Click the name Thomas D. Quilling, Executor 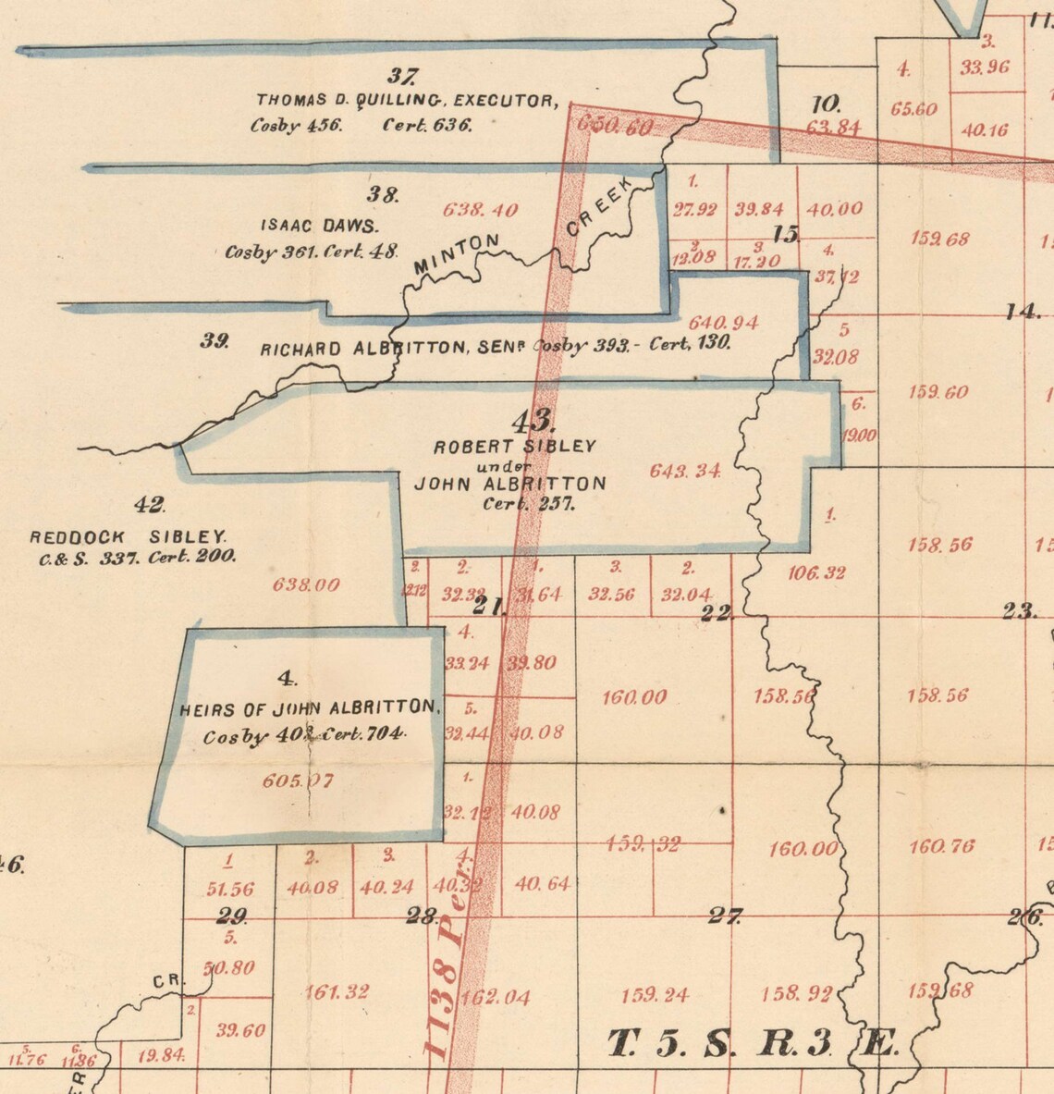click(407, 100)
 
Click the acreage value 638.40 click(480, 210)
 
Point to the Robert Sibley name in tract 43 click(515, 446)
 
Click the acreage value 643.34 click(685, 470)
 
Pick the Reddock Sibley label click(128, 536)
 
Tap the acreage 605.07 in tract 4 click(298, 781)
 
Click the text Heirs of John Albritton click(310, 708)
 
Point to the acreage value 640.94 click(724, 323)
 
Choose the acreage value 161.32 click(337, 992)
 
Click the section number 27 click(724, 916)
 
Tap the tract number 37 click(403, 77)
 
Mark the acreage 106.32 click(816, 573)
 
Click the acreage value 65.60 click(913, 109)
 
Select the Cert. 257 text click(528, 504)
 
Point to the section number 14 click(1023, 311)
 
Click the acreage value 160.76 click(940, 846)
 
